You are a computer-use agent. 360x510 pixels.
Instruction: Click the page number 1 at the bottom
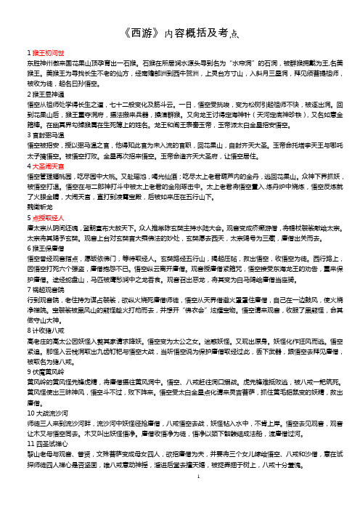[179, 491]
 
